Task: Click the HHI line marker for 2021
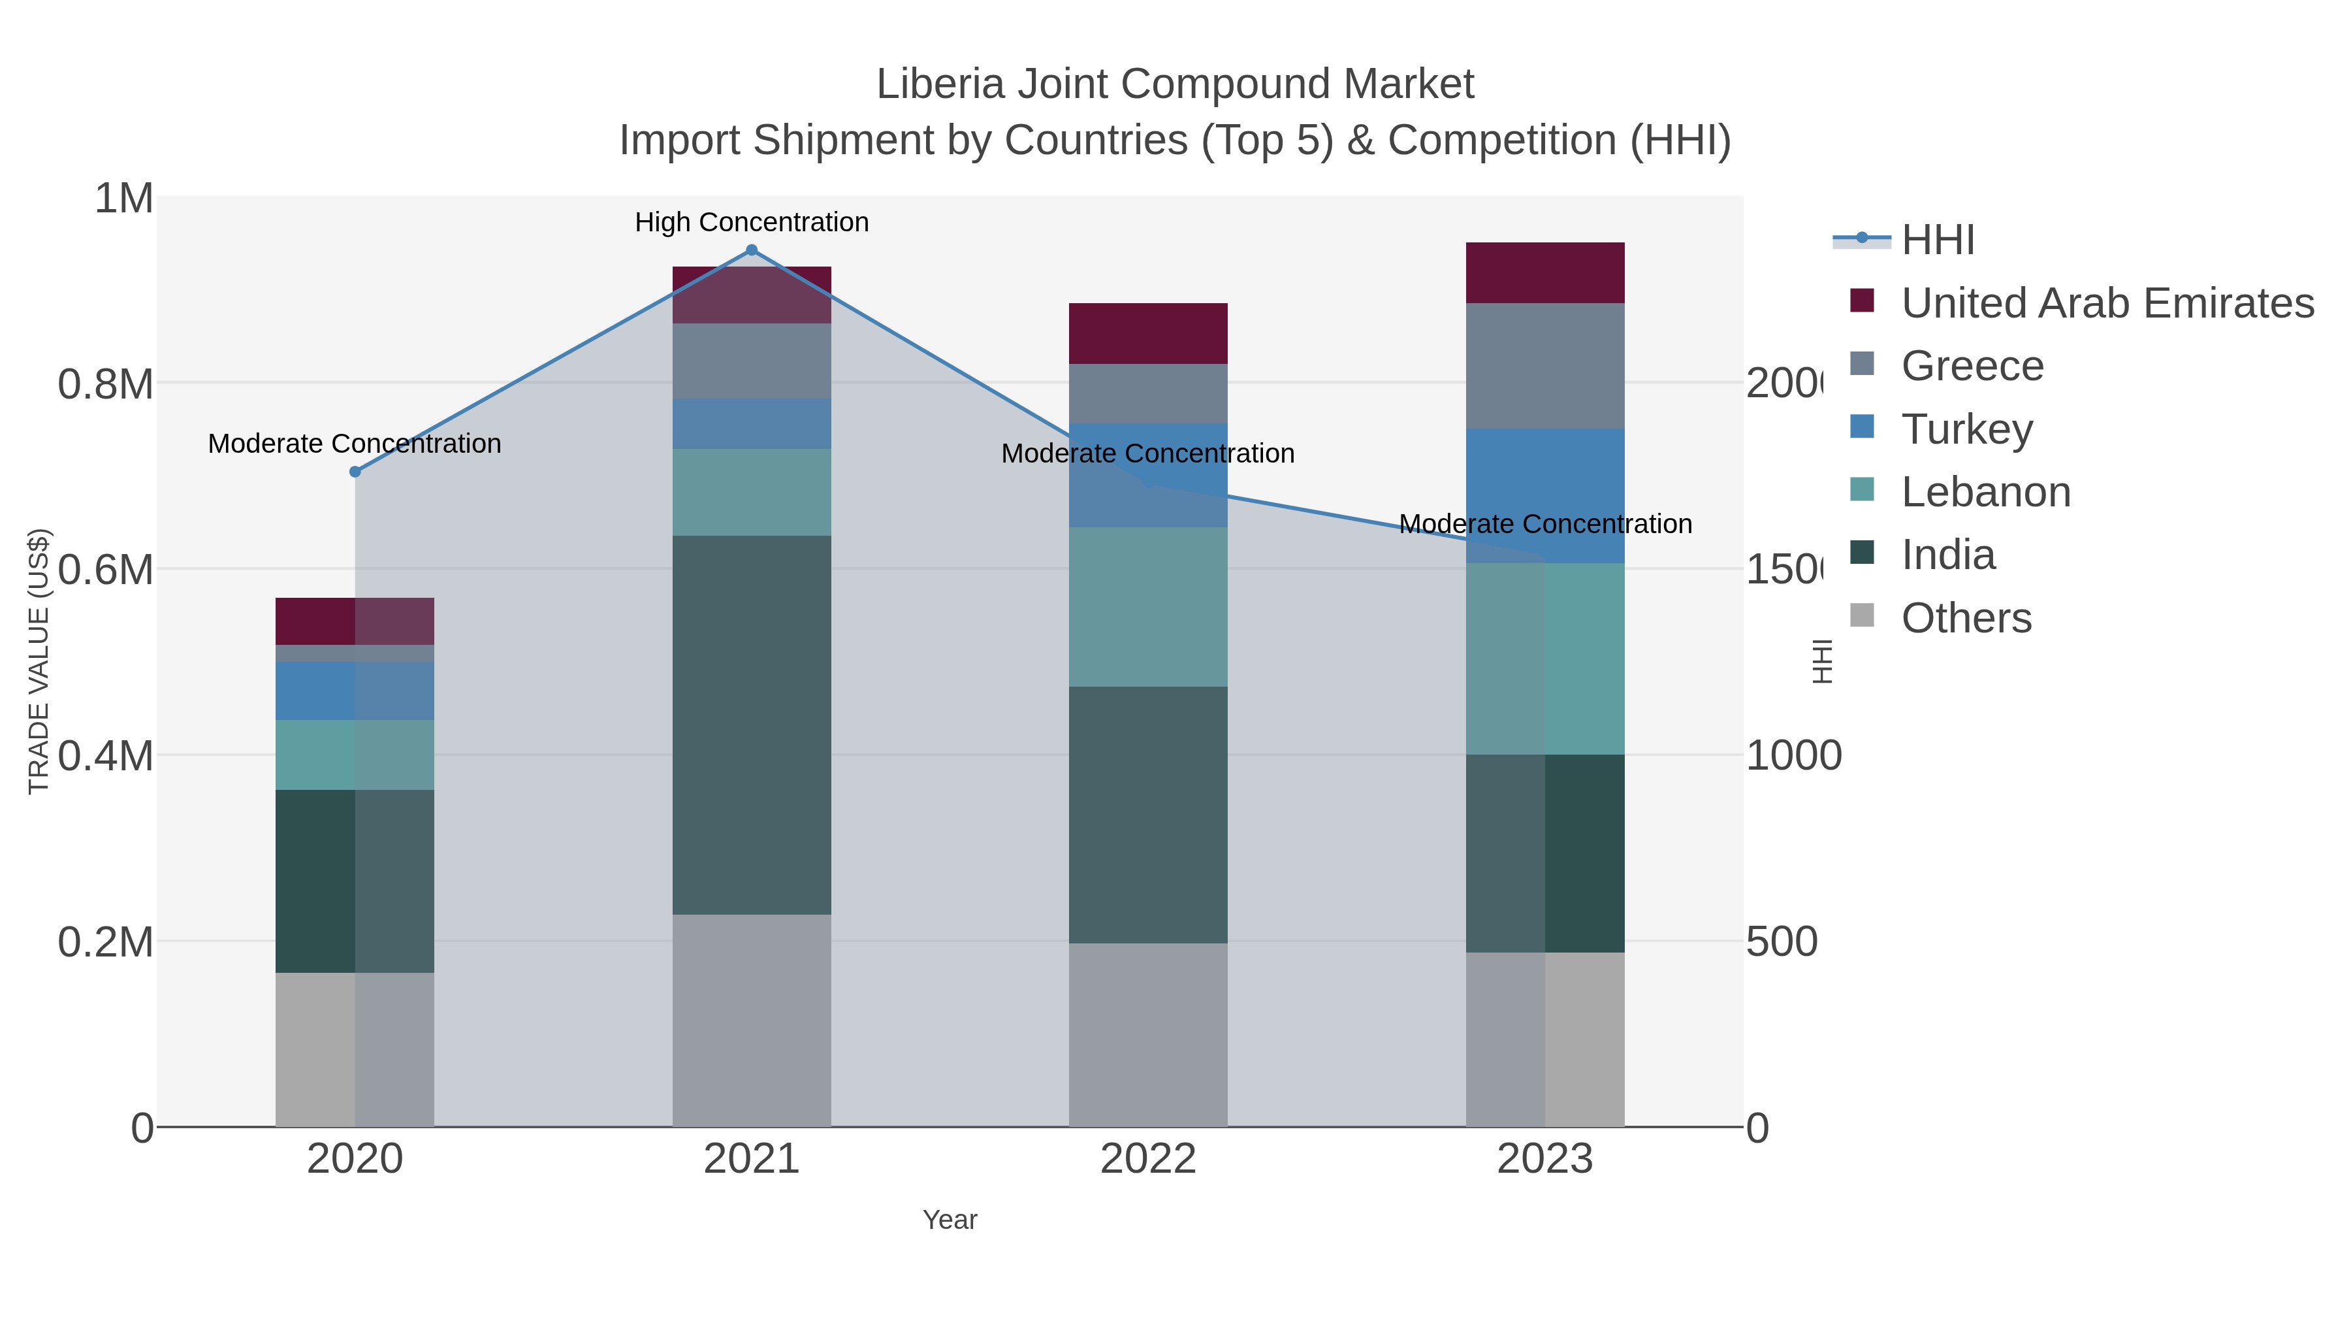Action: coord(751,250)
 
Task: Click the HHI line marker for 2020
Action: coord(355,472)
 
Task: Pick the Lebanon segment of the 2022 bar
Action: coord(1147,606)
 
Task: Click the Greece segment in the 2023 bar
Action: coord(1544,365)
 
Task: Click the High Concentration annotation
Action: coord(751,222)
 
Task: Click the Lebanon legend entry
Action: coord(1985,492)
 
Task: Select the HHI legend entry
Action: coord(1938,240)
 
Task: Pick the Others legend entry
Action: coord(1966,618)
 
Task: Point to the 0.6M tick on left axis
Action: coord(105,570)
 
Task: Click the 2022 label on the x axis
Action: coord(1147,1160)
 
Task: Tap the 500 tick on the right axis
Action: coord(1781,942)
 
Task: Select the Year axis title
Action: coord(949,1220)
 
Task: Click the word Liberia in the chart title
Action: coord(939,84)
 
